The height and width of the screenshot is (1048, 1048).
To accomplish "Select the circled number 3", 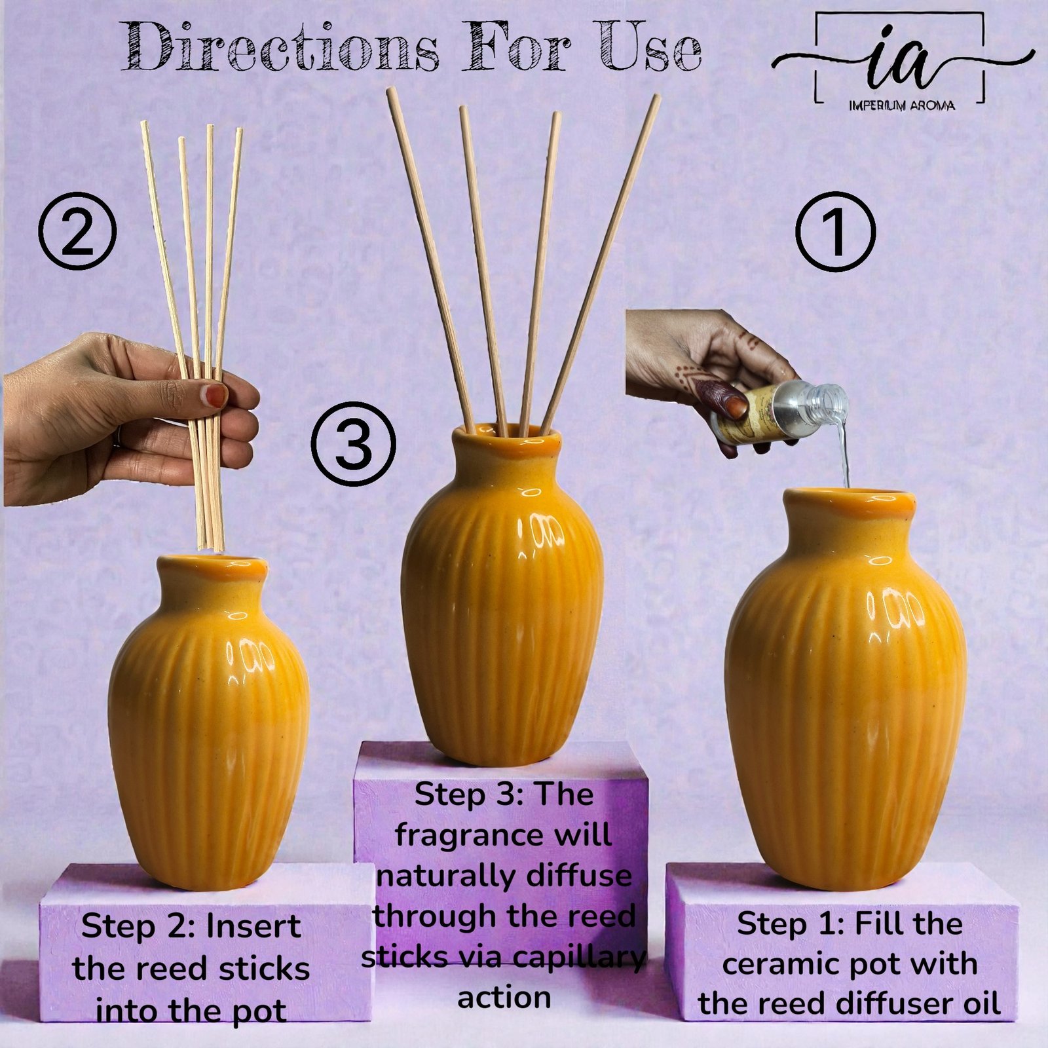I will coord(353,443).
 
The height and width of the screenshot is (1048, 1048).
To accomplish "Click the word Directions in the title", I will coord(280,47).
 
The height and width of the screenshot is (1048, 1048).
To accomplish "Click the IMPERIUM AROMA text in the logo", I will coord(901,105).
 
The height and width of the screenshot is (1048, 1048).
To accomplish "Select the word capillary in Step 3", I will coord(578,957).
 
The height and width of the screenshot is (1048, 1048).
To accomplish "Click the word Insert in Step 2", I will coord(253,927).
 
